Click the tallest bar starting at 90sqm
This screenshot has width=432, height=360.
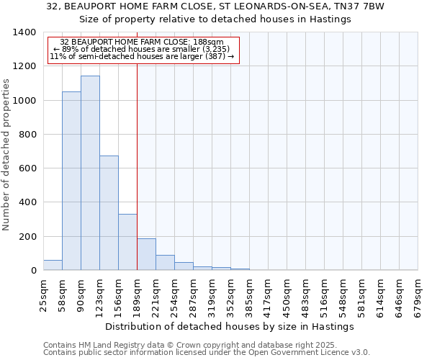click(90, 173)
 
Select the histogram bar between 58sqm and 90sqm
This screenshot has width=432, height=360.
click(71, 181)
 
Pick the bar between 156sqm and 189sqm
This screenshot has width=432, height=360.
click(127, 242)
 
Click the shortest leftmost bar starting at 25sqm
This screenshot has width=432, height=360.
click(53, 265)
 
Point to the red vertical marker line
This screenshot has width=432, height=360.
click(137, 166)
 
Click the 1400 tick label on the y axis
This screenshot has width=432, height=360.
click(24, 32)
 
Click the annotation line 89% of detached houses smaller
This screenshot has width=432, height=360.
click(142, 49)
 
